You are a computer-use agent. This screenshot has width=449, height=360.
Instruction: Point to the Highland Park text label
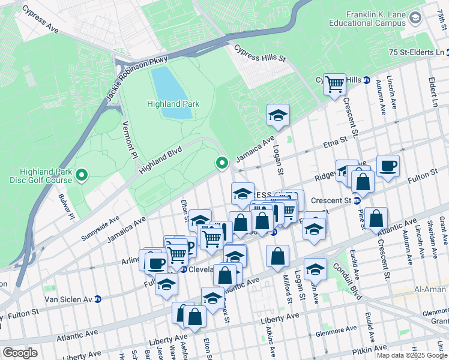click(173, 104)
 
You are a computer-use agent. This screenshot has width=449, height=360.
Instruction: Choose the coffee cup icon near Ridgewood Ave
click(388, 165)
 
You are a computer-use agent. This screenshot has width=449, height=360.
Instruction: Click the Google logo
click(20, 352)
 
